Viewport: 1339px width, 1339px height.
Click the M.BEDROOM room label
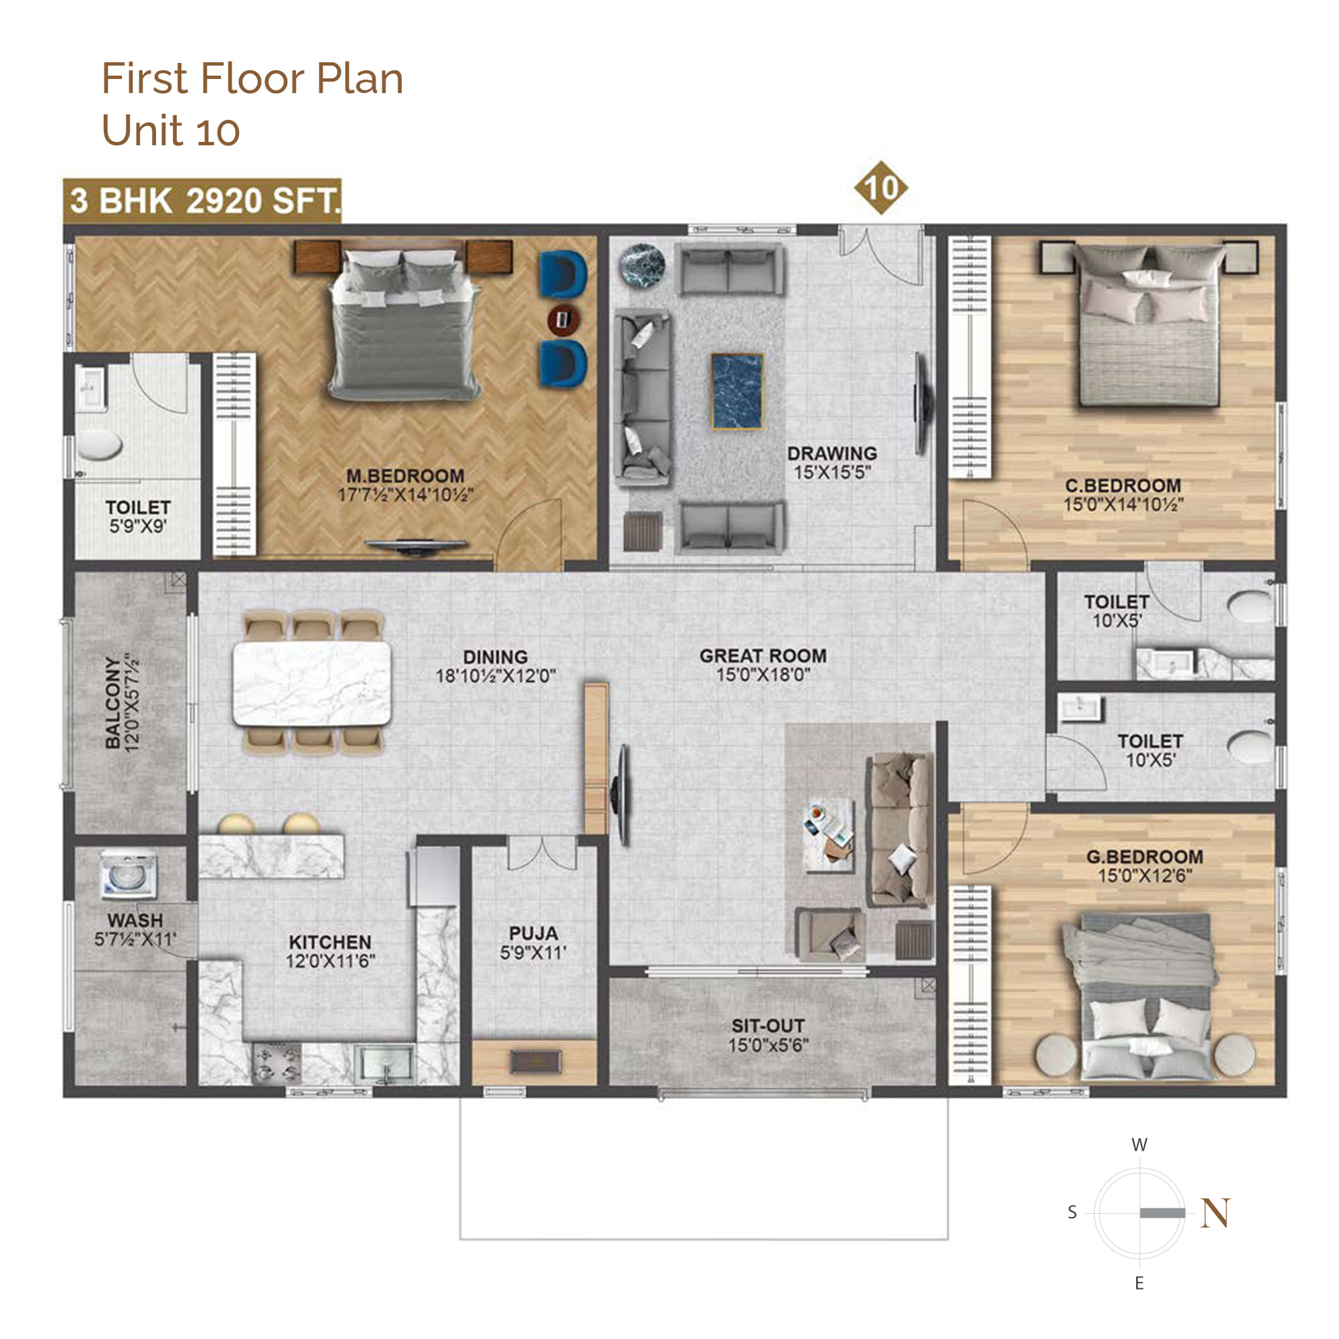click(x=406, y=476)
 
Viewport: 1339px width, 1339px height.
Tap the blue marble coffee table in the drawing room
click(x=737, y=392)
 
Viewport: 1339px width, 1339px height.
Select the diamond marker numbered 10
click(x=880, y=188)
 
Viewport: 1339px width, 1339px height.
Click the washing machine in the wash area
click(x=129, y=874)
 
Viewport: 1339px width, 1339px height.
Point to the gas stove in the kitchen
click(x=276, y=1063)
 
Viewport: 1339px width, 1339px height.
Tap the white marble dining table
click(x=312, y=684)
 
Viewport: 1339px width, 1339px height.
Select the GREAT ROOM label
click(x=763, y=655)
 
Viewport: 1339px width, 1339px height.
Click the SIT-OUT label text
click(x=768, y=1026)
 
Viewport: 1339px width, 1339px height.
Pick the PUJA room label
click(x=533, y=933)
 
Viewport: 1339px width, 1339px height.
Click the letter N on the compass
click(x=1216, y=1213)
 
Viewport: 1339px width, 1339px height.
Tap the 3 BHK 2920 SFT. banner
click(x=202, y=201)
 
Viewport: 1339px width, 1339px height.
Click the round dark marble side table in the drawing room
click(x=642, y=265)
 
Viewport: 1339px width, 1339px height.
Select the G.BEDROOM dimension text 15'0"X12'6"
click(x=1145, y=875)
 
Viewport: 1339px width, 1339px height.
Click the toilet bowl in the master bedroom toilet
click(x=99, y=445)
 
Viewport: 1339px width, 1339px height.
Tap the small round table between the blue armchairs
click(x=564, y=319)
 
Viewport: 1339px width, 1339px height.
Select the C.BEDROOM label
click(x=1123, y=486)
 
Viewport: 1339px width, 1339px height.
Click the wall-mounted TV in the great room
click(x=623, y=794)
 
